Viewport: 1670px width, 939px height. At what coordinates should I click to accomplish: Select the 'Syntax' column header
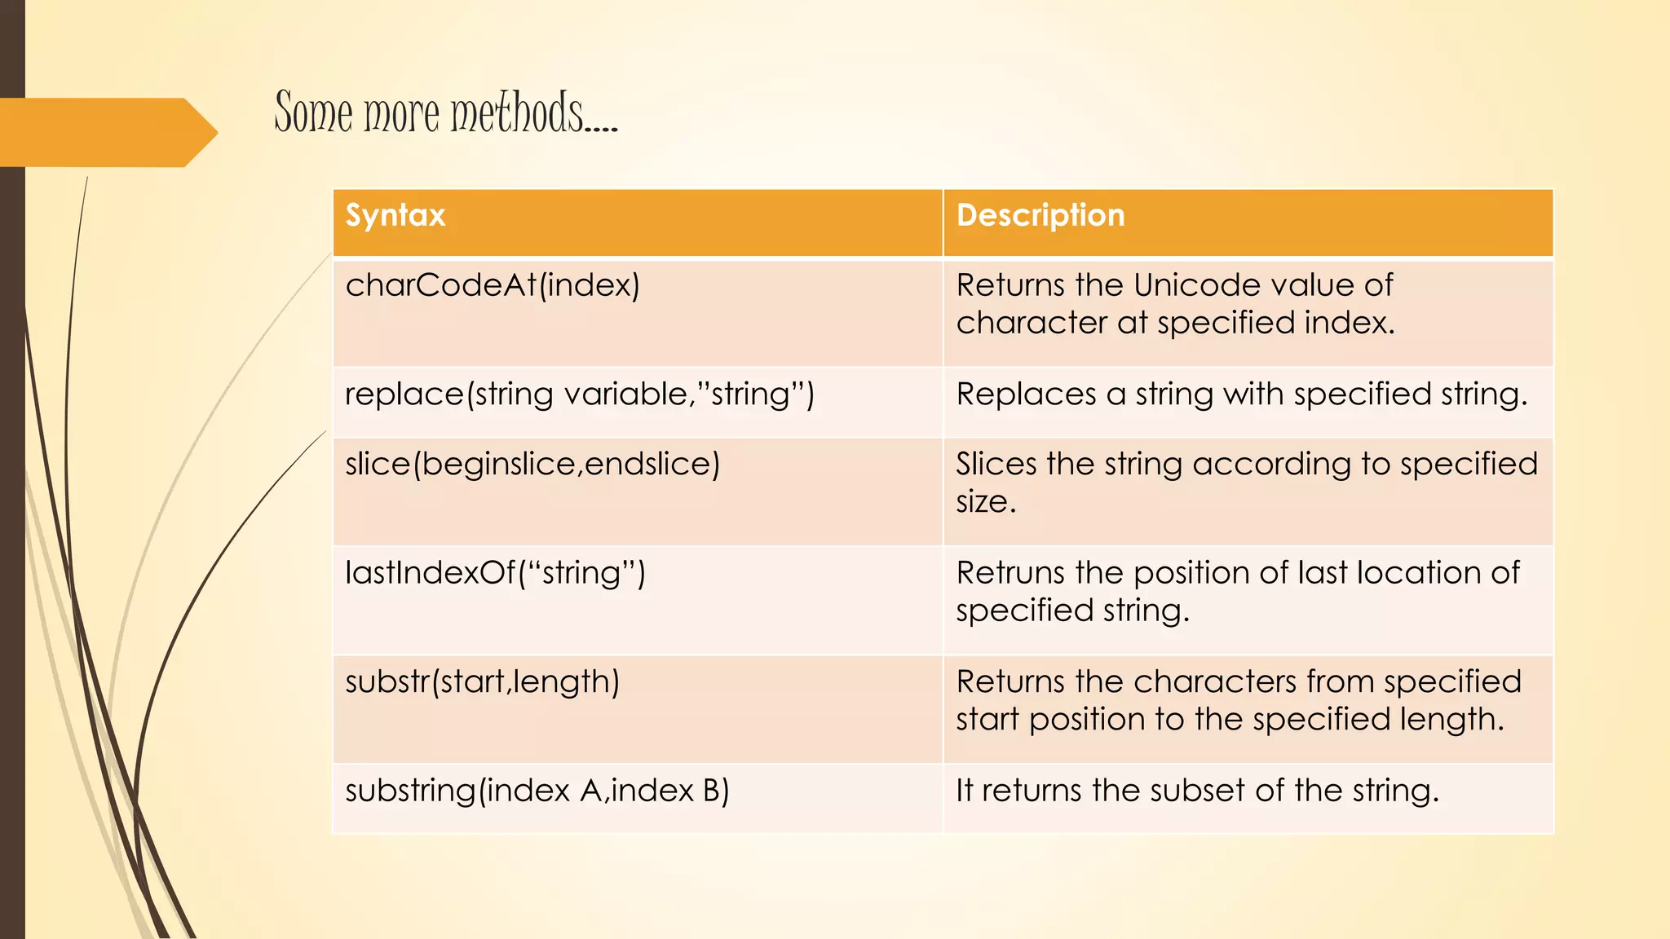coord(395,215)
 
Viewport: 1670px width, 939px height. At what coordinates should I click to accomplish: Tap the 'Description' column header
coord(1040,215)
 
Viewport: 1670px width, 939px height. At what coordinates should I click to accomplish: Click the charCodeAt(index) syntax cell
coord(493,285)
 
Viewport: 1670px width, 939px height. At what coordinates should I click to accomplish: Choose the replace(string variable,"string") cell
coord(580,395)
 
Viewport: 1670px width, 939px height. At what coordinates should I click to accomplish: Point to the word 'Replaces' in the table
coord(1026,395)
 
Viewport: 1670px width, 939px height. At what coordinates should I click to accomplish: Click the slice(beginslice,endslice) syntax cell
coord(532,464)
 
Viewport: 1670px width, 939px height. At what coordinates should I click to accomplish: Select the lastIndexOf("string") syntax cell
coord(495,573)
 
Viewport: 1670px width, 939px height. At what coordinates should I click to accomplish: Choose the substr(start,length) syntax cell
coord(482,681)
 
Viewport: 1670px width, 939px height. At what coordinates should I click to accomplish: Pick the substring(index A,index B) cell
coord(537,791)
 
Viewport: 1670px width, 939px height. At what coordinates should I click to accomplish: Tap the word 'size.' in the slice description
coord(986,501)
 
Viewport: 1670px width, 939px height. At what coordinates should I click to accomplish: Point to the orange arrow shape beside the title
coord(106,132)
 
